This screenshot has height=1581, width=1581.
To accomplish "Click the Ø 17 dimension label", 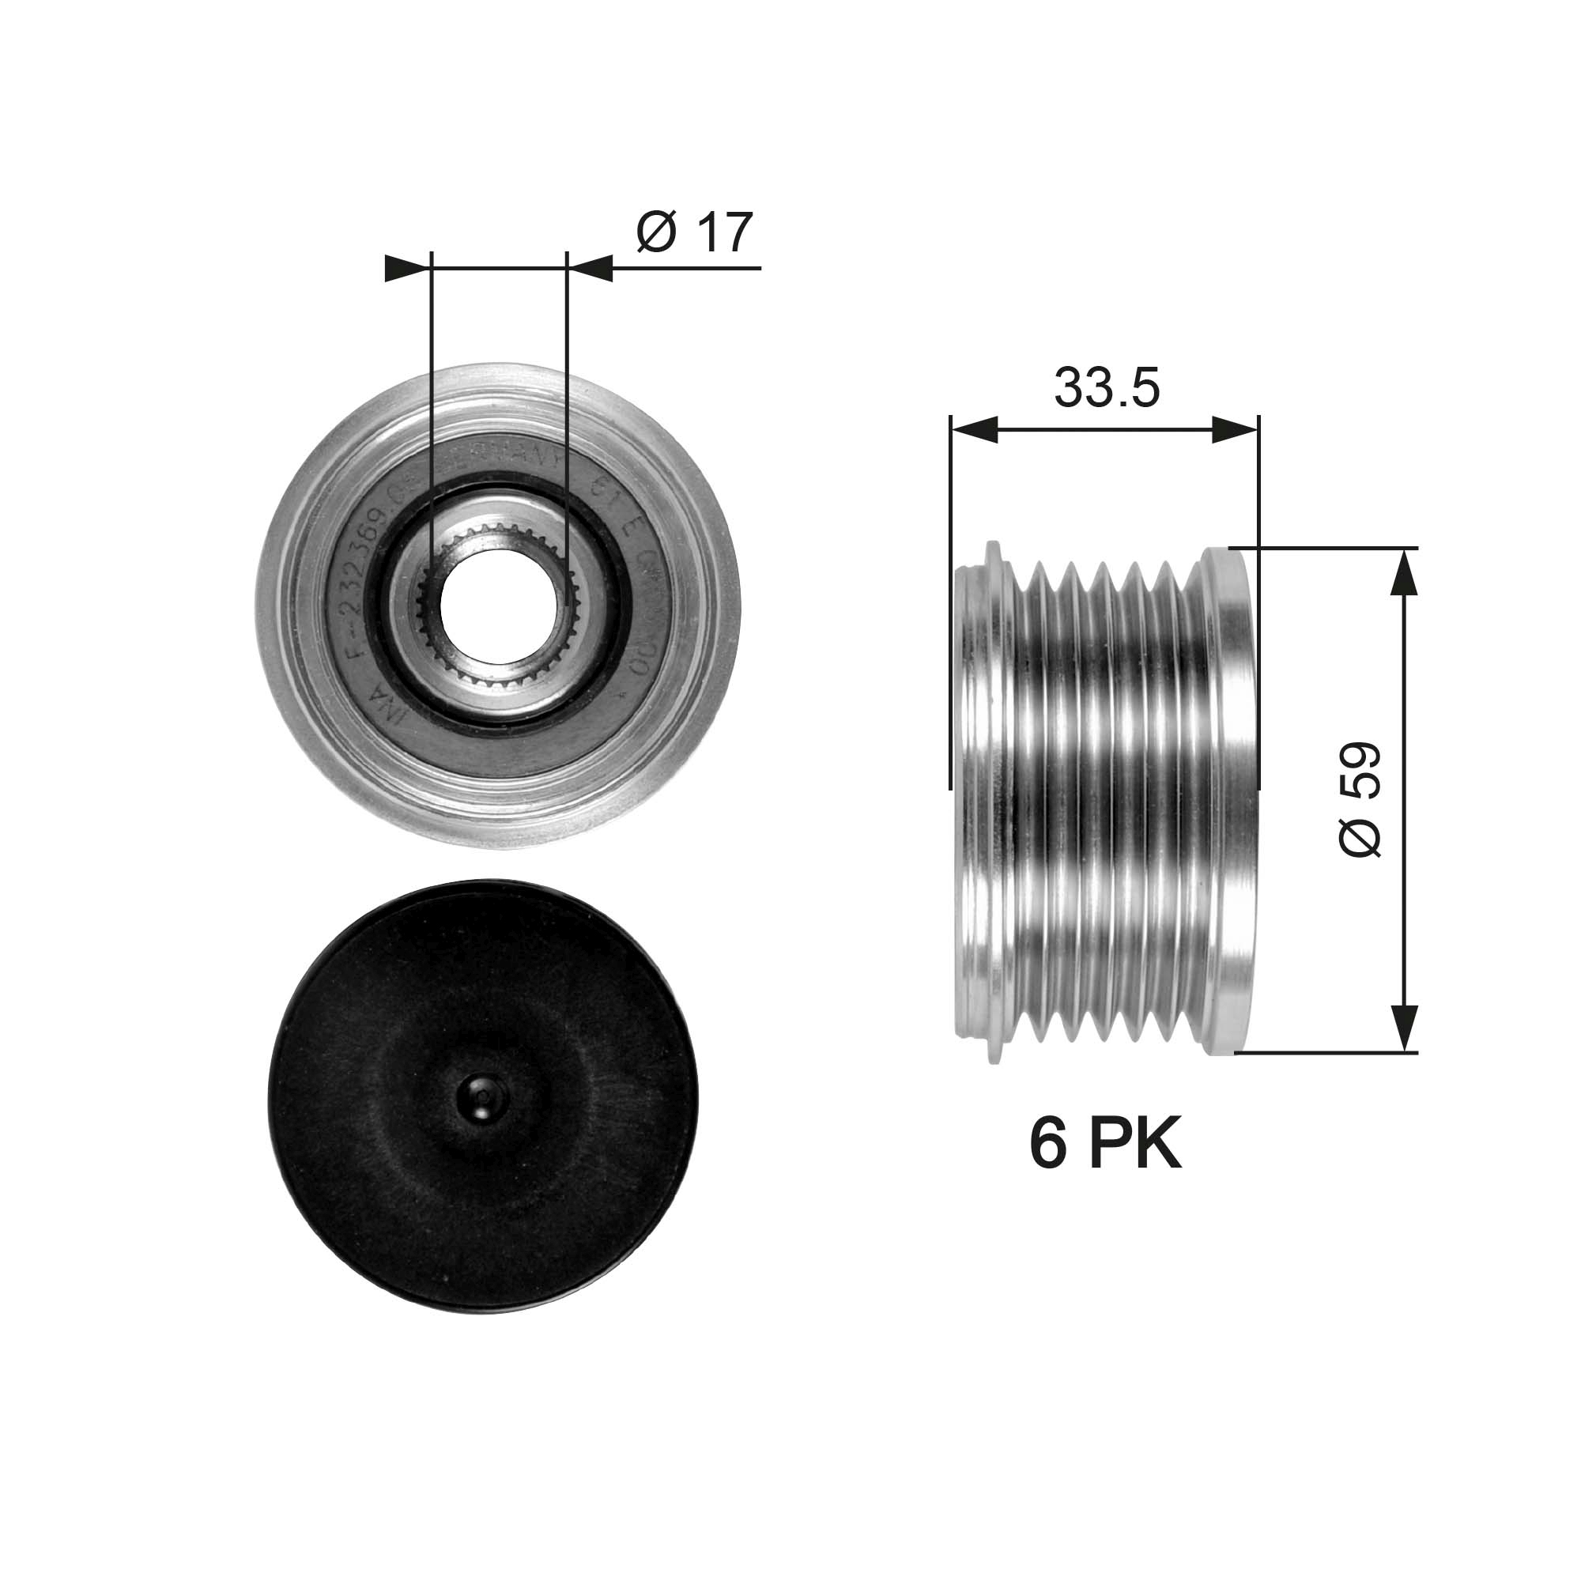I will tap(694, 233).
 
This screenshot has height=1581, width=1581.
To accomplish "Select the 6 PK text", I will tap(1105, 1145).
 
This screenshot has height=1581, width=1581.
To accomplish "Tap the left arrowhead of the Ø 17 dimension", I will tap(406, 268).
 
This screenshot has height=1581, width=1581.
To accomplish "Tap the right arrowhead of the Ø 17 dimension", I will tap(591, 268).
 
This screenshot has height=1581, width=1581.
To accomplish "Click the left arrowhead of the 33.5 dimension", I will tap(974, 429).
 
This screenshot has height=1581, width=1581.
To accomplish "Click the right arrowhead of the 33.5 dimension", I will tap(1235, 429).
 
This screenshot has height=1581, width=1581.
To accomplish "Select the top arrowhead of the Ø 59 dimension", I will tap(1404, 573).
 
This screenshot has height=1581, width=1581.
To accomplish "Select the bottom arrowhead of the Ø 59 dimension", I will tap(1404, 1026).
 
